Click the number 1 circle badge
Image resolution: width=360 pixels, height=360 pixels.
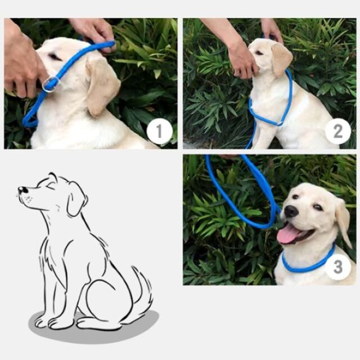[x=159, y=131]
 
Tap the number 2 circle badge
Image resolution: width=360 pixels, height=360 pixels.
[x=337, y=131]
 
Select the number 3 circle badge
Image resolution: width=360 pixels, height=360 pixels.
[x=337, y=267]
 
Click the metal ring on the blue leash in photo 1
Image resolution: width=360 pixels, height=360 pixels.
[x=52, y=84]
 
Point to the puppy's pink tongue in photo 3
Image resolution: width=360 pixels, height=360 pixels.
[x=289, y=235]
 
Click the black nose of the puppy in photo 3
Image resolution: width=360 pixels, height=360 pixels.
[x=291, y=211]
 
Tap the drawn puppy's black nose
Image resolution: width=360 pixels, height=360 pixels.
[x=22, y=190]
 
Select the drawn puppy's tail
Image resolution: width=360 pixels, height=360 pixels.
[x=142, y=290]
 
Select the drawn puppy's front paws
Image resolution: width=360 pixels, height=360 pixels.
[x=52, y=321]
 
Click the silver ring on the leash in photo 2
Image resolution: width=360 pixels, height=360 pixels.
[x=280, y=123]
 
